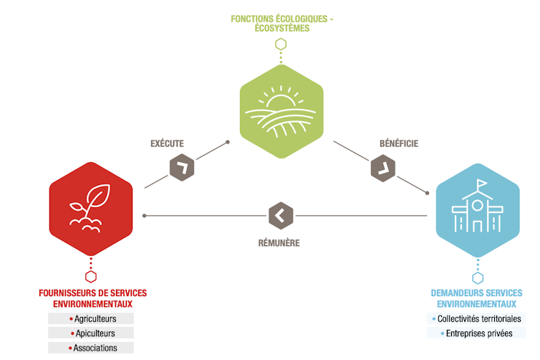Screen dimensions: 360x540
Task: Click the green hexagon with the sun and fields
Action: [x=280, y=110]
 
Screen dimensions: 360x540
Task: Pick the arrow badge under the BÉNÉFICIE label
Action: [x=383, y=169]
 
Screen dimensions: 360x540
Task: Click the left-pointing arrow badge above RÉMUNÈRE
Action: [x=281, y=214]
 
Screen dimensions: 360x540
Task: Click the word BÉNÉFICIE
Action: [x=399, y=143]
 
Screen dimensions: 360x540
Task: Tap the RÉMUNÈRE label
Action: [x=279, y=243]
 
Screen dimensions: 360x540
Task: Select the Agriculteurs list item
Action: [x=92, y=318]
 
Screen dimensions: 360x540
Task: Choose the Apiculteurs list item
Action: [x=92, y=333]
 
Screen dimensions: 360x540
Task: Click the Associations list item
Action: [x=92, y=348]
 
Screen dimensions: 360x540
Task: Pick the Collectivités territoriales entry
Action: [x=478, y=318]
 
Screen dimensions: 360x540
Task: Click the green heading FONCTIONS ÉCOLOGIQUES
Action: [x=281, y=19]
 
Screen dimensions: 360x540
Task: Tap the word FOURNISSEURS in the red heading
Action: [x=69, y=293]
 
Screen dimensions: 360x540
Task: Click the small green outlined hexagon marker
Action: [x=281, y=44]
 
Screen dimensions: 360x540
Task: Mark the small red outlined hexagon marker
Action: [x=91, y=276]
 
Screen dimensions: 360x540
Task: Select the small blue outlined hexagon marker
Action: [x=478, y=278]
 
